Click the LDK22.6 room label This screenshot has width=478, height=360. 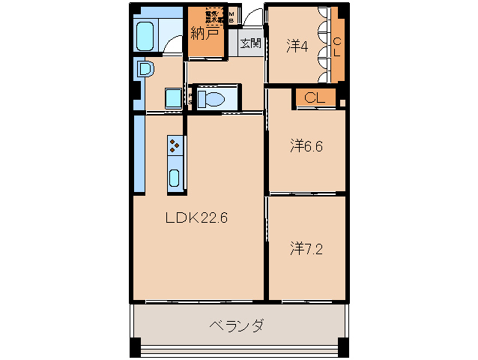pyautogui.click(x=196, y=218)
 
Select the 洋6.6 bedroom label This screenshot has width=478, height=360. pyautogui.click(x=306, y=146)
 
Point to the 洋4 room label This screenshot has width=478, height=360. pyautogui.click(x=297, y=46)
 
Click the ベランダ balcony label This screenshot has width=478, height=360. pyautogui.click(x=235, y=326)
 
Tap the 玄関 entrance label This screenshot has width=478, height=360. pyautogui.click(x=250, y=43)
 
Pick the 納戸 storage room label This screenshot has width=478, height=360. pyautogui.click(x=205, y=34)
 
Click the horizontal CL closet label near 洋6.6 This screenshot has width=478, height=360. pyautogui.click(x=314, y=97)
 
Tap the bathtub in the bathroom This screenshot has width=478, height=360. pyautogui.click(x=145, y=34)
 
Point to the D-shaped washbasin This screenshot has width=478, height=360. pyautogui.click(x=145, y=70)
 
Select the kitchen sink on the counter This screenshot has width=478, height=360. pyautogui.click(x=175, y=178)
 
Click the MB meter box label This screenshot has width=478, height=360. pyautogui.click(x=232, y=16)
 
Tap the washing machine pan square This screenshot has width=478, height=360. pyautogui.click(x=173, y=97)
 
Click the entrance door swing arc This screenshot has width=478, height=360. pyautogui.click(x=253, y=18)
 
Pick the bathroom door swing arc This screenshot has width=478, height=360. pyautogui.click(x=174, y=45)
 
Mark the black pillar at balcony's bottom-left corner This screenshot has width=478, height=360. pyautogui.click(x=135, y=348)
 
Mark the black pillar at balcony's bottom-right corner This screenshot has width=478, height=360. pyautogui.click(x=342, y=348)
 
